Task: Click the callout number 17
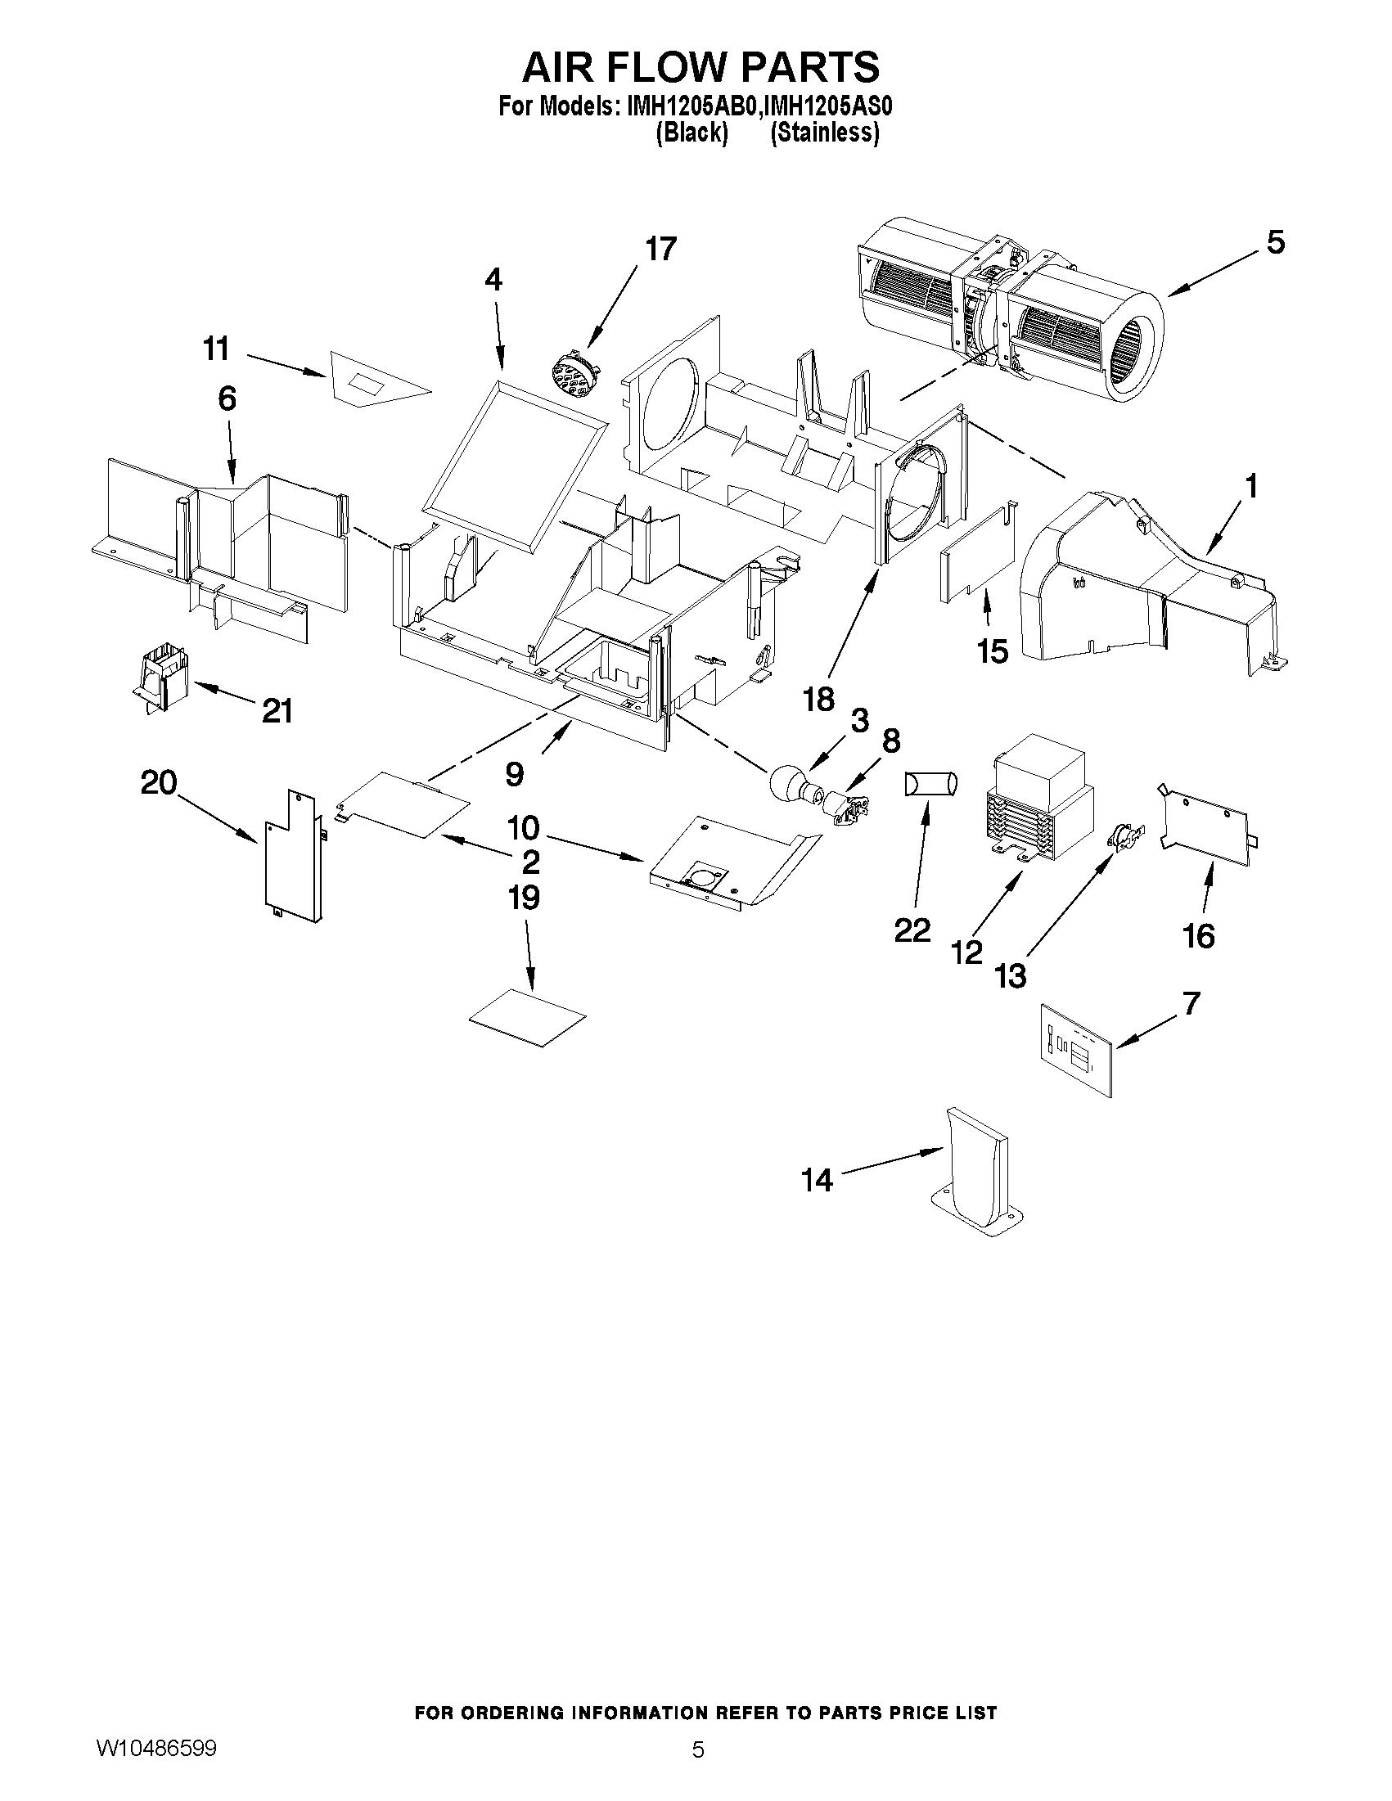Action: click(660, 248)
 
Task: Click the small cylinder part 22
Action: click(931, 783)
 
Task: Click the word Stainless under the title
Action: click(824, 132)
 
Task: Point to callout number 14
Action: click(817, 1181)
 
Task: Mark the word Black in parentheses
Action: click(691, 132)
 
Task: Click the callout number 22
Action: click(912, 930)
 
